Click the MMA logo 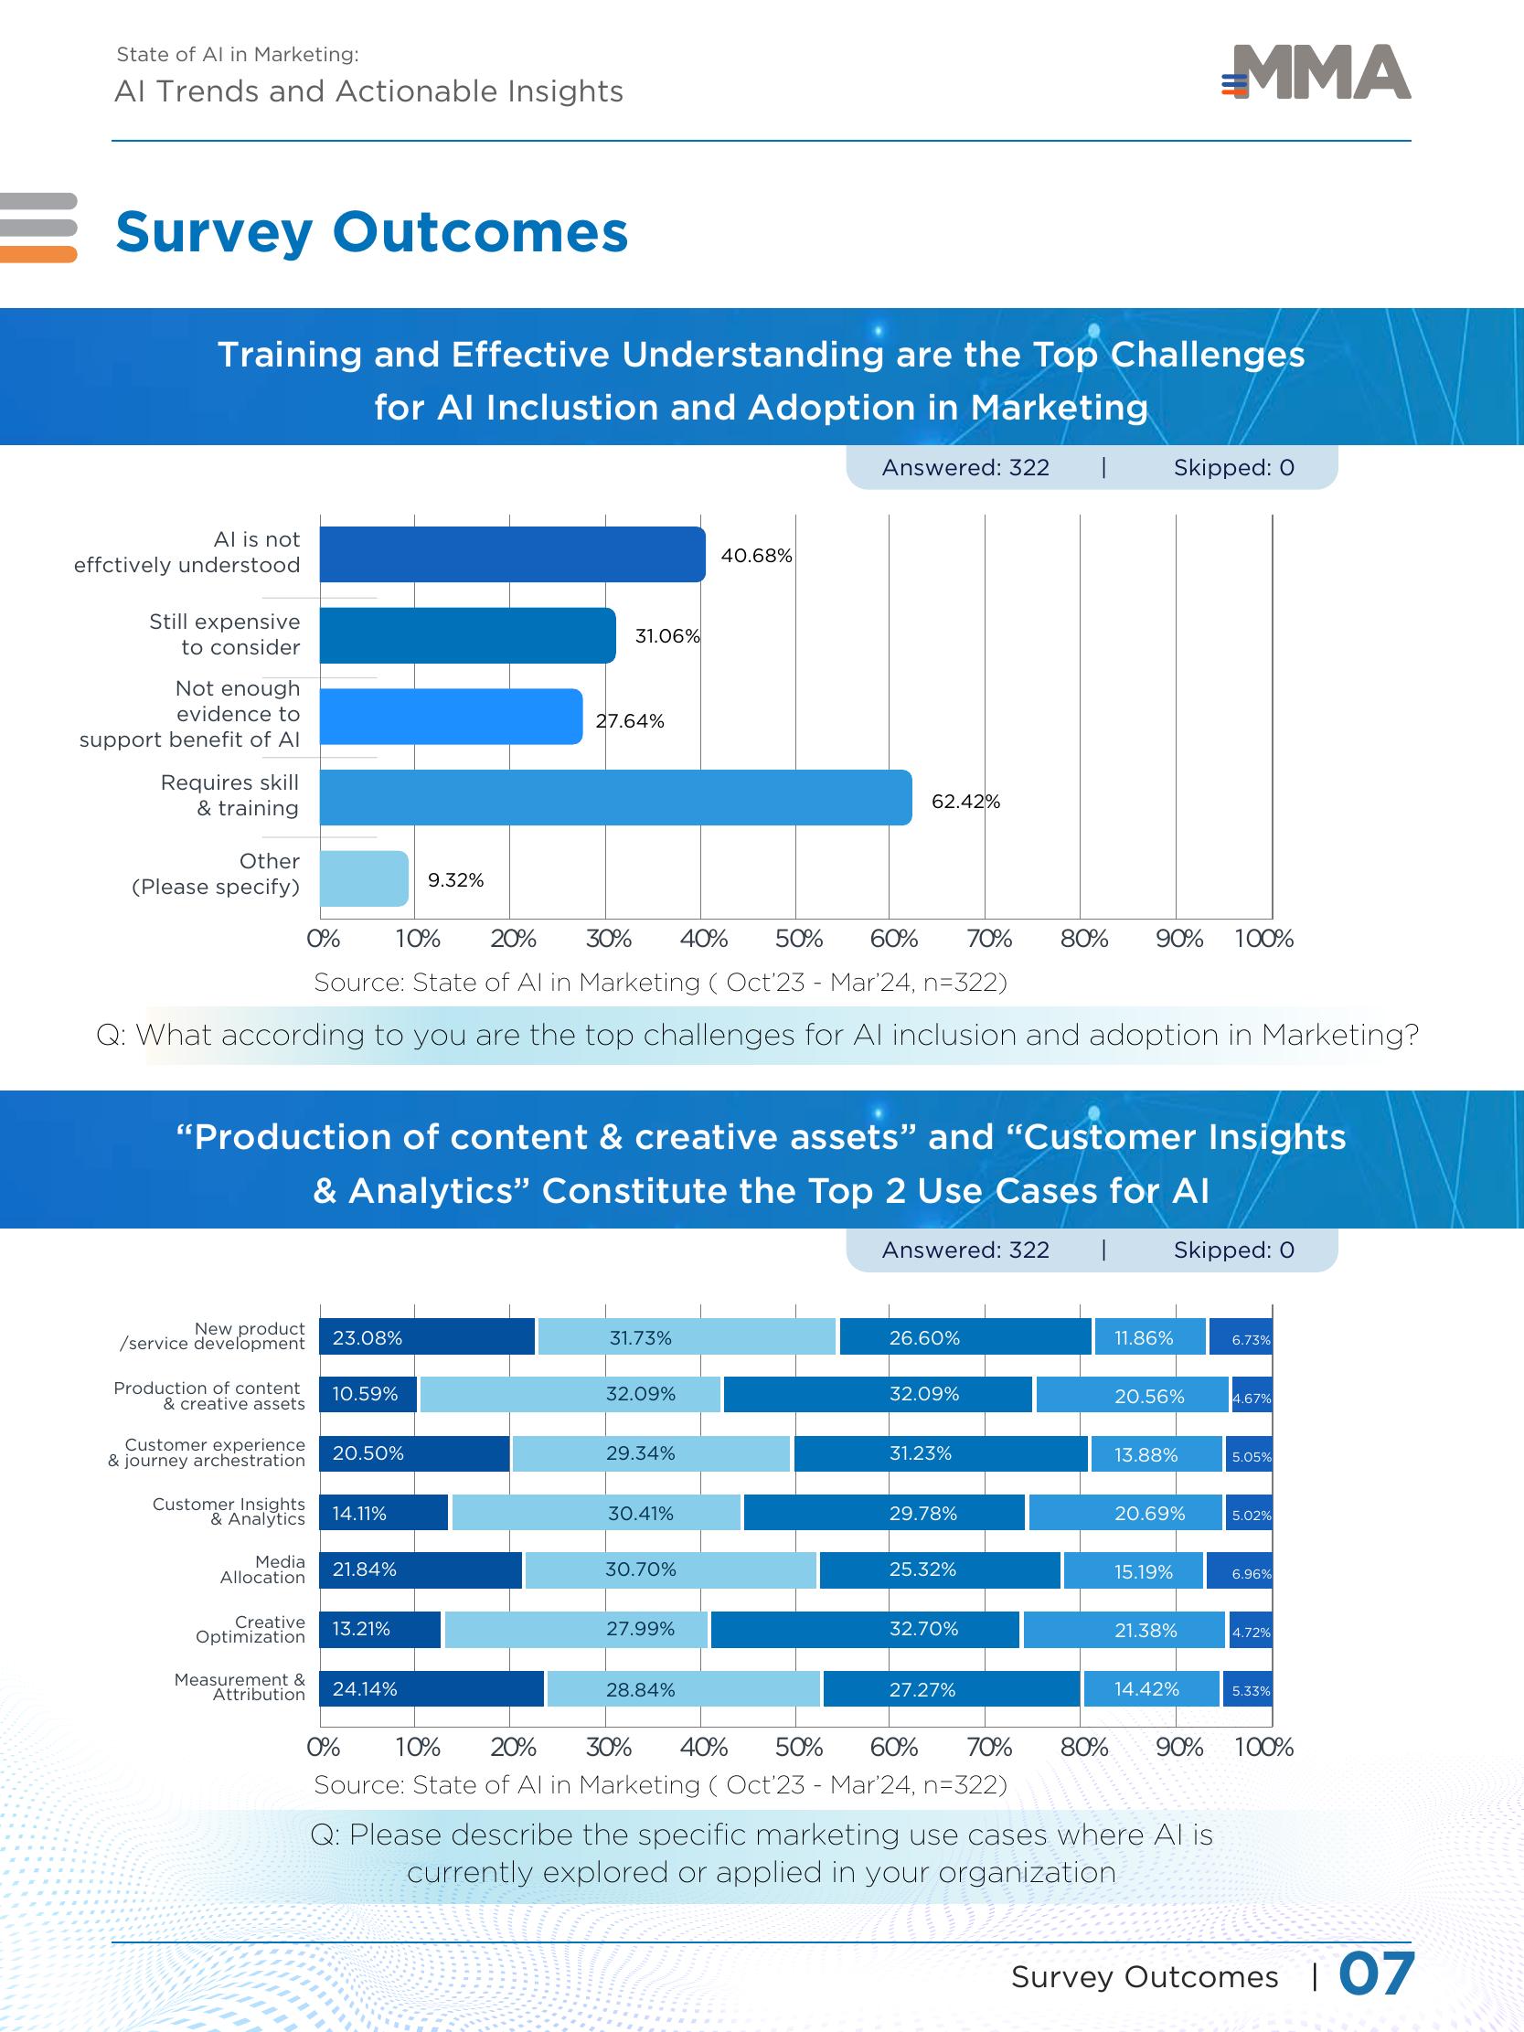pos(1317,72)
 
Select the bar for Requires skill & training pos(614,797)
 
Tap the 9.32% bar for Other pos(364,878)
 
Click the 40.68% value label pos(756,556)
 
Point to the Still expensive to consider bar pos(466,635)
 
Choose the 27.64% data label pos(630,721)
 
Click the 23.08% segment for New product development pos(426,1336)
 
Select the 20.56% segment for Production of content pos(1132,1395)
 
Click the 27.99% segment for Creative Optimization pos(576,1629)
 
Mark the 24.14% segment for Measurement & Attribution pos(431,1688)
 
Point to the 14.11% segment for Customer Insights pos(383,1512)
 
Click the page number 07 pos(1375,1973)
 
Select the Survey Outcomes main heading pos(371,231)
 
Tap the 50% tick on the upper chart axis pos(798,939)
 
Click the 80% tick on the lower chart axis pos(1083,1746)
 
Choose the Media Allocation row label pos(262,1569)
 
